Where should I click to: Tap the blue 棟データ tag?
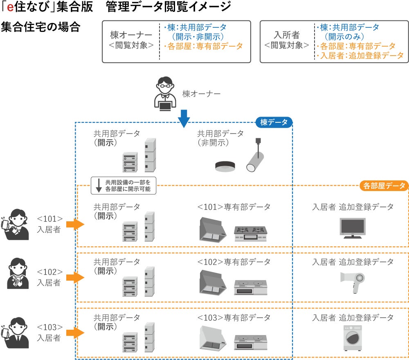coord(274,122)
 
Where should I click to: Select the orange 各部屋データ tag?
coord(384,186)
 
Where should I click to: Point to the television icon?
coord(353,227)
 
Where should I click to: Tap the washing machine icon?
coord(352,338)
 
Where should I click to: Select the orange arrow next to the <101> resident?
coord(75,224)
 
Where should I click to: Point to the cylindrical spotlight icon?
coord(256,157)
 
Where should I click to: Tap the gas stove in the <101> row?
coord(250,234)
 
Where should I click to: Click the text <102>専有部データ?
coord(234,262)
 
